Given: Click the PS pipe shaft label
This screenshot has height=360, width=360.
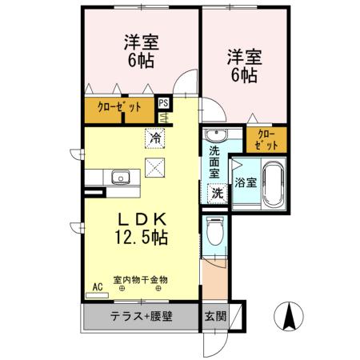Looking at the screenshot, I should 163,102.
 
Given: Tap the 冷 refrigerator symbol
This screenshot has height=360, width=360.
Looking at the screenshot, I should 154,138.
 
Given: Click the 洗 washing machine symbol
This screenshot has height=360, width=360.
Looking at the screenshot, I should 216,193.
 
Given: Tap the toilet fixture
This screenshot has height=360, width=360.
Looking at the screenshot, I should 214,231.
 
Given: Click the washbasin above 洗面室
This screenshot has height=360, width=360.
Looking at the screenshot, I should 214,134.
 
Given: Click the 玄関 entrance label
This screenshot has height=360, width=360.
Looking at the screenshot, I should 215,315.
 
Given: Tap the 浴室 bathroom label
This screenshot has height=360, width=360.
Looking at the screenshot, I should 245,182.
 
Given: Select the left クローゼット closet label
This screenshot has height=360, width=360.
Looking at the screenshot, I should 120,108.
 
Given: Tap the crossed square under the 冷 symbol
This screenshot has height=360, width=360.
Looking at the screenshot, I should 154,167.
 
